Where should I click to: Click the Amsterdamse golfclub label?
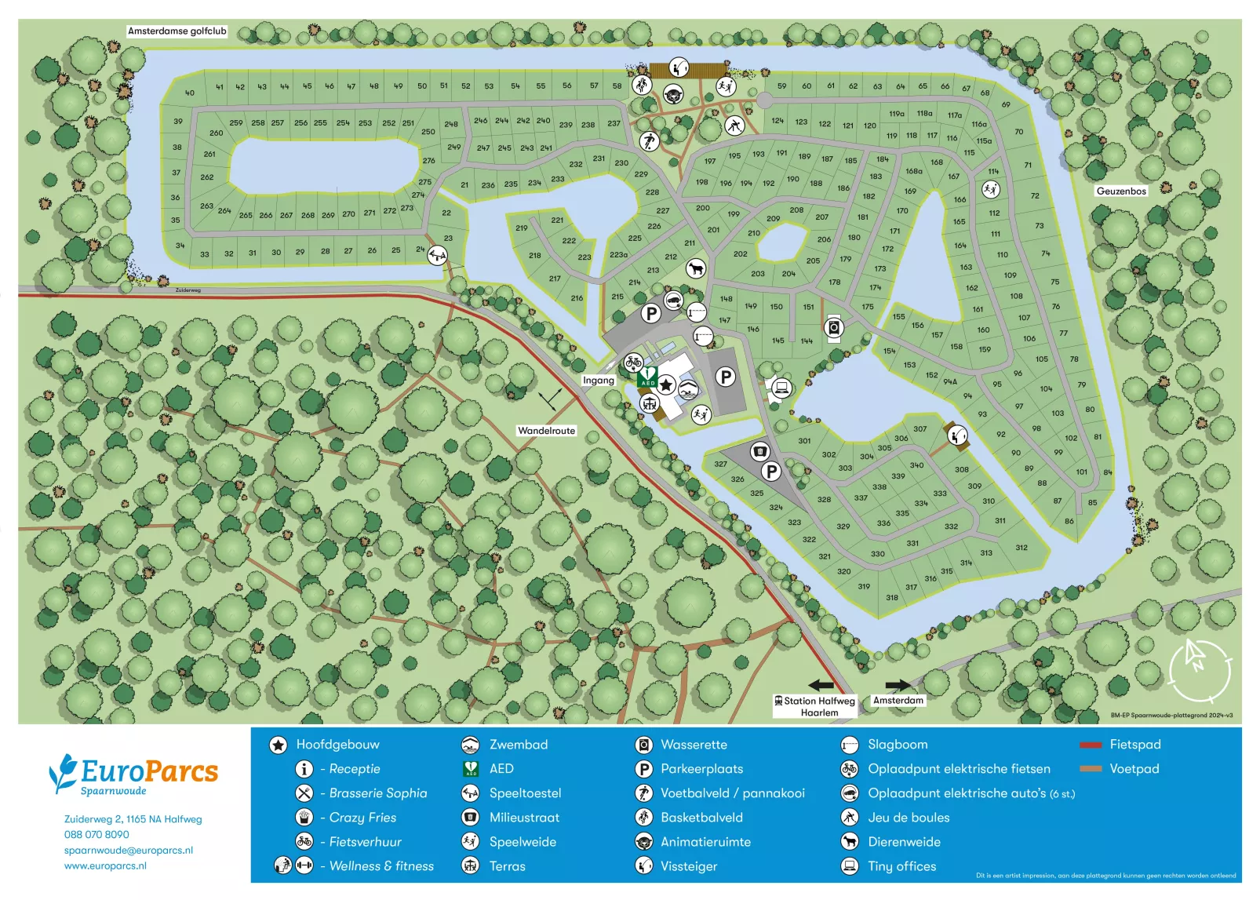point(177,31)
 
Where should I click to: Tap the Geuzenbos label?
point(1121,191)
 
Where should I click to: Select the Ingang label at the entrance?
point(598,380)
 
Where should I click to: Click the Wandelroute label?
point(546,431)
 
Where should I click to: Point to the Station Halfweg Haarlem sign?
point(815,706)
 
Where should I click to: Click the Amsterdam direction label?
point(898,700)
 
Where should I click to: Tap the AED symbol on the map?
point(648,377)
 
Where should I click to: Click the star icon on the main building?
point(666,385)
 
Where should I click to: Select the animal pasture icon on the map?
point(695,269)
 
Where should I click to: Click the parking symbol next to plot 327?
point(771,471)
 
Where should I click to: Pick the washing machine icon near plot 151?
point(834,327)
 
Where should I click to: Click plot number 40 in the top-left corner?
point(189,93)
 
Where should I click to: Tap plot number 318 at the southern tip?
point(892,597)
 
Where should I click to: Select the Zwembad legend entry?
point(518,745)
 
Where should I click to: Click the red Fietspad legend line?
point(1091,745)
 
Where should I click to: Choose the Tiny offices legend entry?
point(901,866)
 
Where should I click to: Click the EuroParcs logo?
point(133,774)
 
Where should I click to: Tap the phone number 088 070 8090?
point(97,834)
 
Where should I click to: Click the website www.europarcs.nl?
point(105,865)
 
